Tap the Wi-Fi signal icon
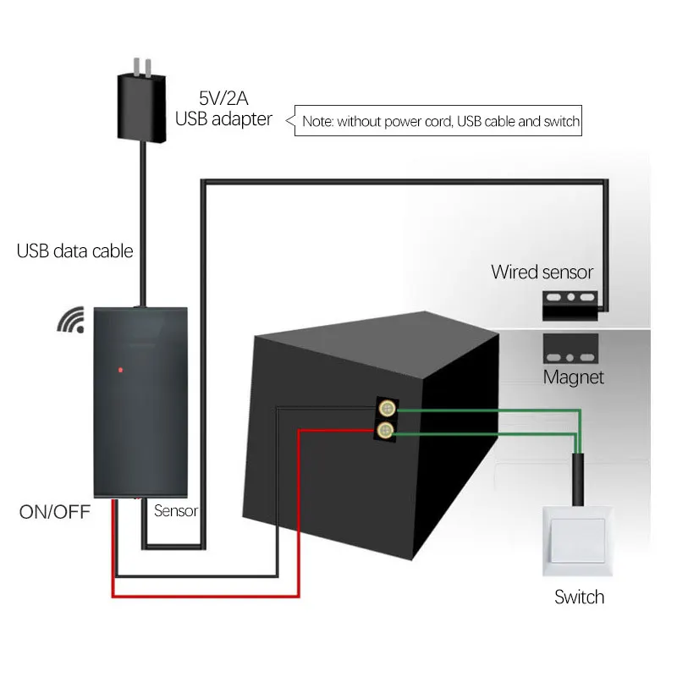pyautogui.click(x=72, y=320)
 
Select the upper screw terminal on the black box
pyautogui.click(x=388, y=408)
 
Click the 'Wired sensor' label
pyautogui.click(x=542, y=272)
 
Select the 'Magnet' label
pyautogui.click(x=574, y=377)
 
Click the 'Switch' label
pyautogui.click(x=579, y=597)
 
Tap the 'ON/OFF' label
pyautogui.click(x=54, y=512)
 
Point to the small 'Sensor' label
pyautogui.click(x=176, y=511)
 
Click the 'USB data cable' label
pyautogui.click(x=74, y=251)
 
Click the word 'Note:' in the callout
pyautogui.click(x=318, y=122)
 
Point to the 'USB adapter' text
pyautogui.click(x=223, y=118)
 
